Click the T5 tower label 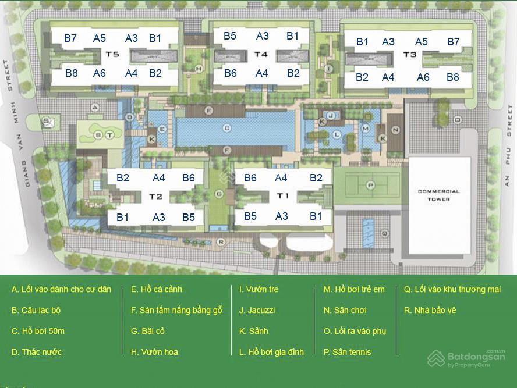pyautogui.click(x=112, y=55)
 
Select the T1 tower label pyautogui.click(x=283, y=195)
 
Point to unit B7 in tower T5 pyautogui.click(x=70, y=38)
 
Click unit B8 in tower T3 pyautogui.click(x=452, y=77)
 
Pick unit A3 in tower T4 pyautogui.click(x=263, y=36)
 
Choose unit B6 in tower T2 pyautogui.click(x=189, y=178)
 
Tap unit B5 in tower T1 pyautogui.click(x=250, y=216)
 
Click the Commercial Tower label pyautogui.click(x=438, y=195)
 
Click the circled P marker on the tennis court pyautogui.click(x=369, y=185)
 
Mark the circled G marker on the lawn pyautogui.click(x=219, y=193)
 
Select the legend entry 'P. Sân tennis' pyautogui.click(x=347, y=352)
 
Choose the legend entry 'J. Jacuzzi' pyautogui.click(x=257, y=310)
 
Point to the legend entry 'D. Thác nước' pyautogui.click(x=37, y=352)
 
